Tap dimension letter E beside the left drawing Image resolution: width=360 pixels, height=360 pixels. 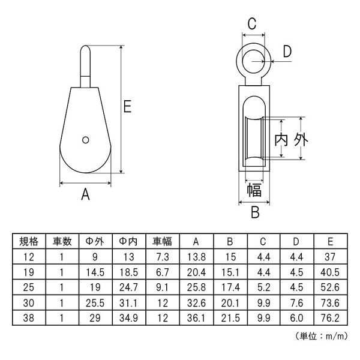(x=127, y=106)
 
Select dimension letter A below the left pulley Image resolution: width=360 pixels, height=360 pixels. (x=85, y=194)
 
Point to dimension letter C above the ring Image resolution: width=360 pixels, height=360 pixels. (x=252, y=23)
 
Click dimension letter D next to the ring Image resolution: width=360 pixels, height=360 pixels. (x=287, y=51)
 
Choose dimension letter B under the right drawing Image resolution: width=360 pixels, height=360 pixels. (x=255, y=212)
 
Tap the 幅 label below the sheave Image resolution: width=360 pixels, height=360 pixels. (x=254, y=190)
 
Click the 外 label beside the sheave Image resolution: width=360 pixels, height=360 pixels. (x=301, y=139)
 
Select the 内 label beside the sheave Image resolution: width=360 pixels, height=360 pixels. (x=281, y=139)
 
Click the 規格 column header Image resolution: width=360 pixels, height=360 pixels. (x=29, y=241)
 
